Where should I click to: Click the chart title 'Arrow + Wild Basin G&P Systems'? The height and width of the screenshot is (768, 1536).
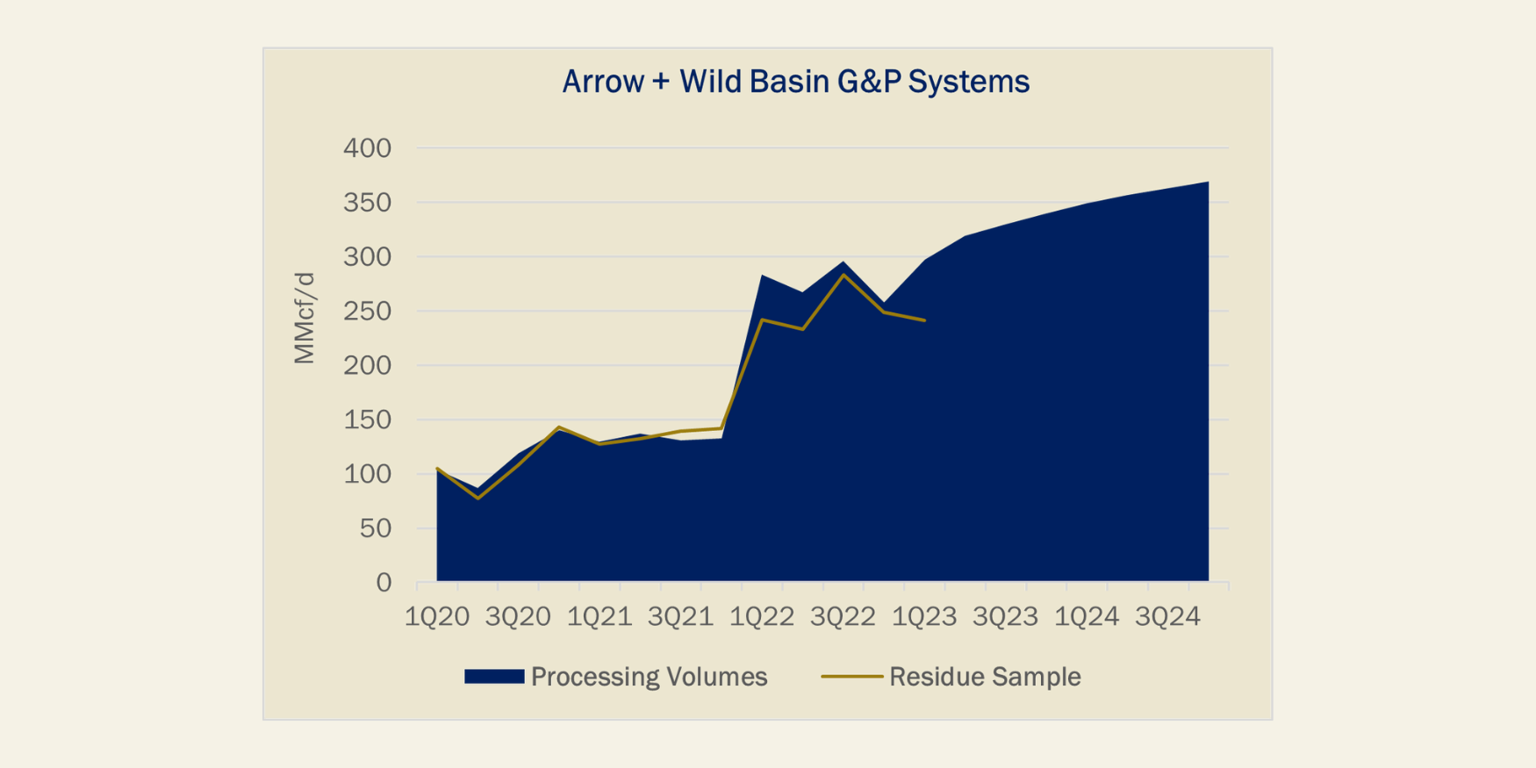(795, 82)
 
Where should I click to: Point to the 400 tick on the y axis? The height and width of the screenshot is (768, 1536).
(367, 148)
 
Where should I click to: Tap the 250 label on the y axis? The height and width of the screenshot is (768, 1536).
(367, 312)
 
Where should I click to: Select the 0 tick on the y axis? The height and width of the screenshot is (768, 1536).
(384, 583)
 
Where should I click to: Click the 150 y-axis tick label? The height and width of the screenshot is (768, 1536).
(367, 420)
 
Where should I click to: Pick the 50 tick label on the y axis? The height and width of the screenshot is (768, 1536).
(376, 528)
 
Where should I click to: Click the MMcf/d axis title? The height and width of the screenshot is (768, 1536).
(304, 318)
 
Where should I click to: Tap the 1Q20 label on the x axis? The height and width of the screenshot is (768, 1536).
(437, 617)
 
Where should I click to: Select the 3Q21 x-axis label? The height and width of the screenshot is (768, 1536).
(680, 617)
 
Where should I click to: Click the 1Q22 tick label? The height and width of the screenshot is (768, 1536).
(762, 617)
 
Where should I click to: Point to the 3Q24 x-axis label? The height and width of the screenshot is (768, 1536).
(1167, 617)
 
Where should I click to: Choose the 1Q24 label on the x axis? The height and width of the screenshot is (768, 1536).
(1087, 617)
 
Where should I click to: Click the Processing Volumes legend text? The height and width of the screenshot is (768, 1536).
(650, 677)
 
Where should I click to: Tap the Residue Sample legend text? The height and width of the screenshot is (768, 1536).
(985, 677)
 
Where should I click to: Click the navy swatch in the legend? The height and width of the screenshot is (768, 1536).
(494, 677)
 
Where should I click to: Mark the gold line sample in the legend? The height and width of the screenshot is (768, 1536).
(851, 677)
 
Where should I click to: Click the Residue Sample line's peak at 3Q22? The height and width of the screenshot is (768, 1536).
(843, 275)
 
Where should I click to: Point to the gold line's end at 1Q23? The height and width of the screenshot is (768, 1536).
(925, 320)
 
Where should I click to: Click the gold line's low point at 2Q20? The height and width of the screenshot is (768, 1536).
(477, 499)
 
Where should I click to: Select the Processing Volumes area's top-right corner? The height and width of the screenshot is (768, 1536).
(1209, 182)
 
